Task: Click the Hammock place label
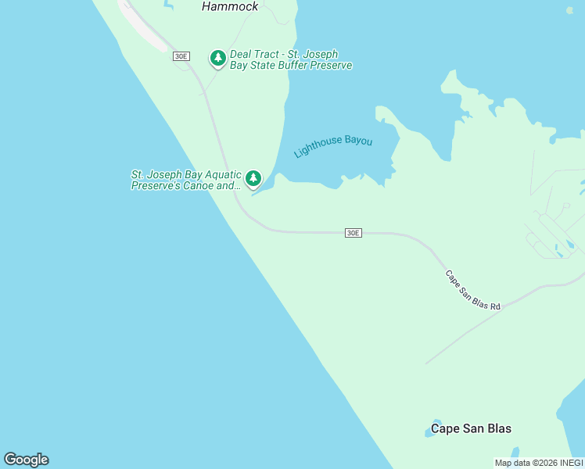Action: (230, 6)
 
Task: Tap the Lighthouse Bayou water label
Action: (333, 146)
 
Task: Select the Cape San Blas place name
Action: (471, 428)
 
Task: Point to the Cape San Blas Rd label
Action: (472, 291)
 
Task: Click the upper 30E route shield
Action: (181, 56)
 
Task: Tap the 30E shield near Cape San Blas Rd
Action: (353, 233)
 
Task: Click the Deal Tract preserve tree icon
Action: (218, 58)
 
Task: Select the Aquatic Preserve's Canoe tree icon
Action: (253, 179)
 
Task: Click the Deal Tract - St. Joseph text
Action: (284, 55)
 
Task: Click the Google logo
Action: (26, 460)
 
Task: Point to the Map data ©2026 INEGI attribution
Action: (539, 463)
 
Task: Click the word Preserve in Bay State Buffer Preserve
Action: (330, 66)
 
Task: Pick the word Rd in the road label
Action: (494, 306)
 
